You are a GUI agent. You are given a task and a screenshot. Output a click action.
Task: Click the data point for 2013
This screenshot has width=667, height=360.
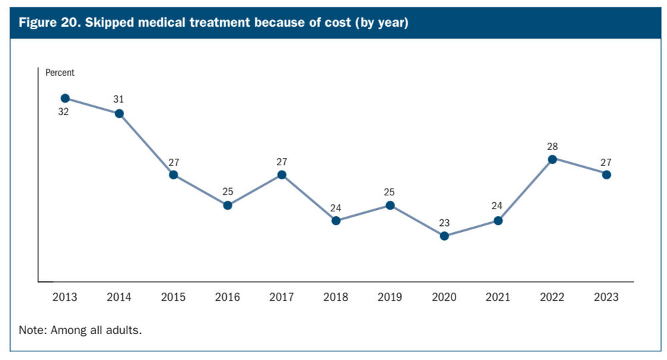[65, 98]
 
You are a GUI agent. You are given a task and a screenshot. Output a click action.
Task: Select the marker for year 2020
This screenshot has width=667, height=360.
[444, 236]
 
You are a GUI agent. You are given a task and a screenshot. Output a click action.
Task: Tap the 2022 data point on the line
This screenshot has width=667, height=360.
[552, 159]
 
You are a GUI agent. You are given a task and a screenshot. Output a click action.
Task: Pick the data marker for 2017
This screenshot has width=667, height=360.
[281, 175]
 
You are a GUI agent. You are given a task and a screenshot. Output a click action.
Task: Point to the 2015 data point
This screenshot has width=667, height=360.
[173, 175]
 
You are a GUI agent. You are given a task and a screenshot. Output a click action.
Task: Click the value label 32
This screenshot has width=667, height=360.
[63, 112]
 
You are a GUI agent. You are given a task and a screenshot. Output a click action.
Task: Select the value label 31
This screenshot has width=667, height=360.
[119, 99]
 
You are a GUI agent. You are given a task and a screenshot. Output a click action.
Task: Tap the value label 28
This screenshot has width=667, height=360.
[552, 146]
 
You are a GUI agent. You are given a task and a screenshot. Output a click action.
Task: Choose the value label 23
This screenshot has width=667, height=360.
[444, 223]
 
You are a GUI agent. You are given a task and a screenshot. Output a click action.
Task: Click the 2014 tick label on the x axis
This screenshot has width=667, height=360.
[119, 297]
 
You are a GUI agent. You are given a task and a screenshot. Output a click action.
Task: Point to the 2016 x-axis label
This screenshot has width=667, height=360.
[227, 297]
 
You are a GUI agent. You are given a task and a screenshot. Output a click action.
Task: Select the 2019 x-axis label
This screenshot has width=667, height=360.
[390, 297]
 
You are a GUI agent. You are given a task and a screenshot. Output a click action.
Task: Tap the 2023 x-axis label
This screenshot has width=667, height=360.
[606, 297]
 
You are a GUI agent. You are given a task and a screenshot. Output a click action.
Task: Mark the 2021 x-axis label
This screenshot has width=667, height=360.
[498, 297]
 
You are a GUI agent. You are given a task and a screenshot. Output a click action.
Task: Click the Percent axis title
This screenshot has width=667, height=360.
[60, 73]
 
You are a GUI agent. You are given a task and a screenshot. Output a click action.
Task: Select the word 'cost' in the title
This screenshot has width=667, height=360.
[324, 23]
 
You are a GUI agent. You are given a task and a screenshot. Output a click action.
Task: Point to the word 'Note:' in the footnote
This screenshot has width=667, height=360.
[32, 330]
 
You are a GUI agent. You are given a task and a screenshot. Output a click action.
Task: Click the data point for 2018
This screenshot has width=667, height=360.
[336, 221]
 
